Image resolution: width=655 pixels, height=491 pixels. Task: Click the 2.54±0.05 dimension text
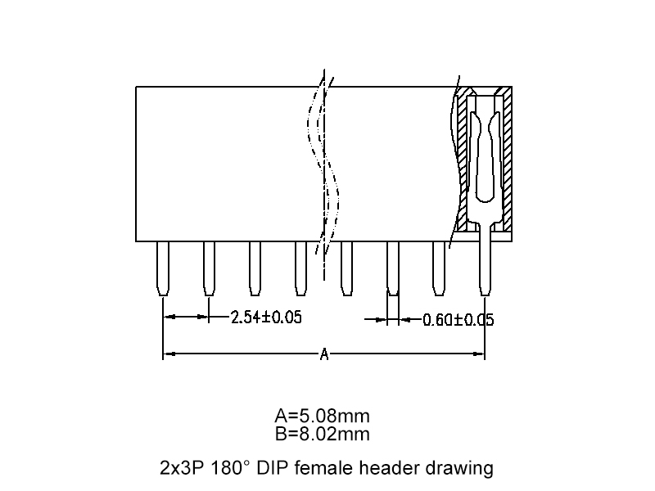point(266,317)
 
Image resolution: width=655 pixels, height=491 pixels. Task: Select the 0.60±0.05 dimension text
point(458,320)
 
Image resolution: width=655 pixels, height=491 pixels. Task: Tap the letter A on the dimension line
point(324,354)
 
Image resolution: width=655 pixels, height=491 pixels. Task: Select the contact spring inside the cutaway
point(486,155)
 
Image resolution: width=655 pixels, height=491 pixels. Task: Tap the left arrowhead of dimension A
point(167,354)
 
